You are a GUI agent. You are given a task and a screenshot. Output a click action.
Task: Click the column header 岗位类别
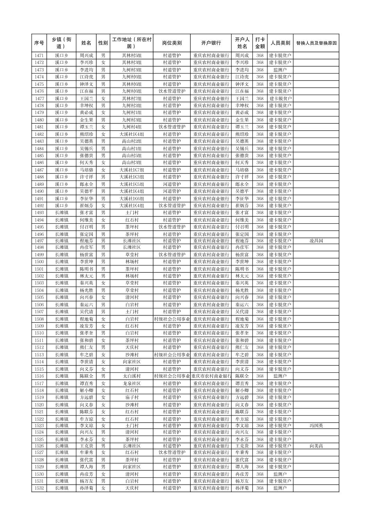pos(172,43)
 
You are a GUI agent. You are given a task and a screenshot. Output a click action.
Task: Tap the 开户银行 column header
pos(211,43)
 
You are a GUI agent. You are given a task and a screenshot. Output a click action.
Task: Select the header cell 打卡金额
pos(260,43)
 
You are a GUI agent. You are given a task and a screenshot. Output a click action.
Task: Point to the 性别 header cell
pos(103,43)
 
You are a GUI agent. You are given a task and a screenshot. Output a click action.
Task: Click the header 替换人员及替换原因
pos(316,43)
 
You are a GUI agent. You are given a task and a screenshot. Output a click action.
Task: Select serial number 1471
pos(39,56)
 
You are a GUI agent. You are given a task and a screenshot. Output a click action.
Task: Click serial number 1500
pos(39,262)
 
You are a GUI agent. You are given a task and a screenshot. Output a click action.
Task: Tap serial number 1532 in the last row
pos(39,488)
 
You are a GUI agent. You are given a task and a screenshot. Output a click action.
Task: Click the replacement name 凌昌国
pos(316,241)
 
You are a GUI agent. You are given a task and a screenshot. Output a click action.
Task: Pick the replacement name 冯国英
pos(316,426)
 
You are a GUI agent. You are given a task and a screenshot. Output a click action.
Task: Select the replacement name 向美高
pos(316,446)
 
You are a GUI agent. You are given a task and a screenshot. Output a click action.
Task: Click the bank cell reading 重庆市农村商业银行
pos(211,376)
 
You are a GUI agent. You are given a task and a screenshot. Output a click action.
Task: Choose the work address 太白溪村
pos(132,376)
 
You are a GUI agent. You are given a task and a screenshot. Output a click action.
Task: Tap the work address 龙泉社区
pos(132,383)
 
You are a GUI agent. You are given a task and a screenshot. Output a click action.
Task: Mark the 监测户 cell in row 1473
pos(280,70)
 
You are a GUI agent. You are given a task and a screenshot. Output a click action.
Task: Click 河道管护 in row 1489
pos(172,184)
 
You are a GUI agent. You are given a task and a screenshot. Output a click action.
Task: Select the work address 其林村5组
pos(132,56)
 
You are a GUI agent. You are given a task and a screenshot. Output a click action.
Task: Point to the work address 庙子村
pos(132,397)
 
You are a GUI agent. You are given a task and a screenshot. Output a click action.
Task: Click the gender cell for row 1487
pos(103,170)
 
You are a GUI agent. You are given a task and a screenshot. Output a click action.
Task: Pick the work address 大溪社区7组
pos(132,170)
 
